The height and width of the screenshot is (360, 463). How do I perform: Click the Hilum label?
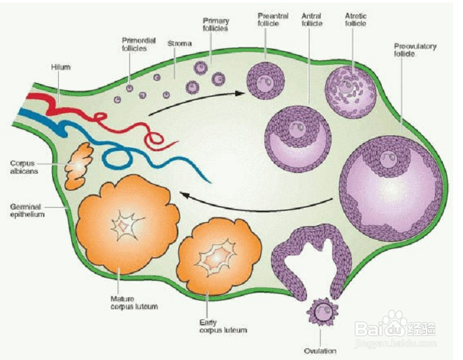[x=61, y=67]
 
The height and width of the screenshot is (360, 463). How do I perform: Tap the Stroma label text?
[x=180, y=43]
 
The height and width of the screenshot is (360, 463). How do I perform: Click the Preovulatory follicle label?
[x=415, y=50]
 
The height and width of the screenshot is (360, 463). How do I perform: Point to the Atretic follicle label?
[x=355, y=20]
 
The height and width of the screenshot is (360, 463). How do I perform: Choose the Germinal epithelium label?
[x=27, y=210]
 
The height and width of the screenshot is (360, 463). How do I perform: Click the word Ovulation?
[x=320, y=351]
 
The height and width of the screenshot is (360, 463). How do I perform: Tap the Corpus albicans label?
[x=24, y=167]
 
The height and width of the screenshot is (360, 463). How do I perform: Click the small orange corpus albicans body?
[x=79, y=166]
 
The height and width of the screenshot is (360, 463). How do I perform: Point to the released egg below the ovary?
[x=323, y=312]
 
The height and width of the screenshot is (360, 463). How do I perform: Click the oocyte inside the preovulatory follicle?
[x=388, y=158]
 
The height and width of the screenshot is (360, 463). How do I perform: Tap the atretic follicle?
[x=351, y=92]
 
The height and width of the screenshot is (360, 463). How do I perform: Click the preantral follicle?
[x=265, y=80]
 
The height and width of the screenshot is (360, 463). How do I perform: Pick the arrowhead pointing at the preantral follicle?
[x=240, y=93]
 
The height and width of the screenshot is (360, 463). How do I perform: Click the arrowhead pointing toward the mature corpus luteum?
[x=185, y=195]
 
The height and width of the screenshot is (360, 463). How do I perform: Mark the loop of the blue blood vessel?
[x=118, y=157]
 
